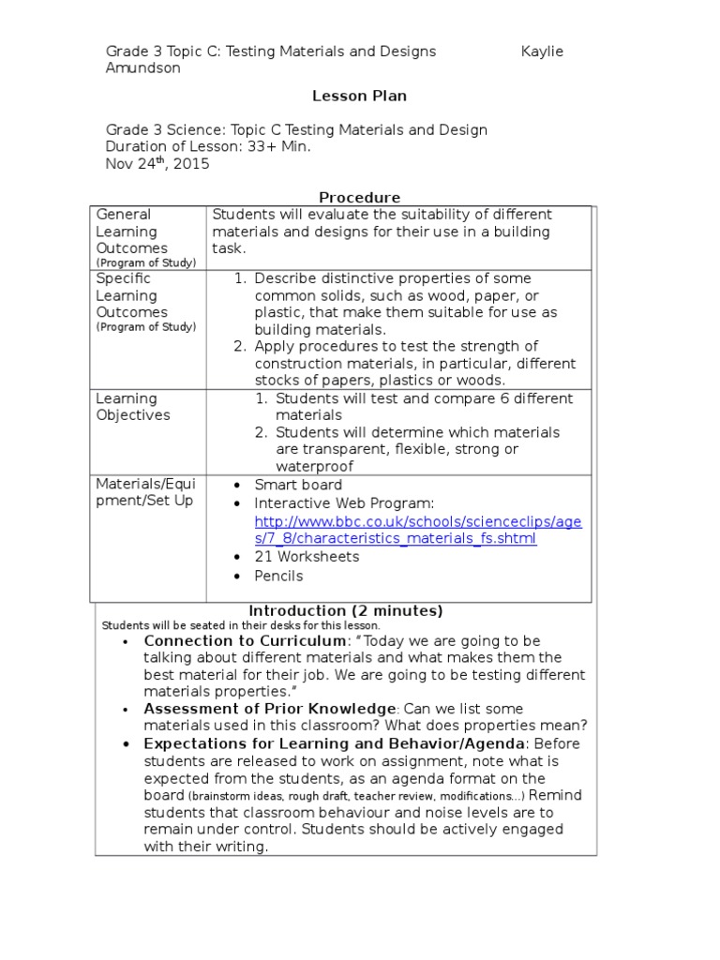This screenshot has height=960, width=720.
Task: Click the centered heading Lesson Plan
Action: (359, 96)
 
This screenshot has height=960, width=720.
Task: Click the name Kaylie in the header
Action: (542, 52)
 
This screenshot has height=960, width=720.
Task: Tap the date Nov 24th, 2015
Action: (157, 164)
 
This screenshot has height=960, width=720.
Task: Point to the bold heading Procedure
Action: (359, 198)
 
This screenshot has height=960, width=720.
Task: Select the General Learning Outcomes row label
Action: (132, 232)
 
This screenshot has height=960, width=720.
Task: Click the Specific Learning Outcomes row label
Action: (132, 295)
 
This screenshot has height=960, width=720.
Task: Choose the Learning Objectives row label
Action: (132, 407)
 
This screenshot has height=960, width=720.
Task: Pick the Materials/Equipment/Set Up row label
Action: (144, 492)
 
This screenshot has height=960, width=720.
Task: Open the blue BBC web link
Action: (418, 531)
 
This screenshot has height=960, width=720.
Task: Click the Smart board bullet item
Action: (298, 485)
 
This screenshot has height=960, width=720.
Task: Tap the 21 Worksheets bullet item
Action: (307, 557)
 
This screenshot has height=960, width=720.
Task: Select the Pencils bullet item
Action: (278, 576)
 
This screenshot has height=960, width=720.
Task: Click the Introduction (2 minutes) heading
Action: (345, 611)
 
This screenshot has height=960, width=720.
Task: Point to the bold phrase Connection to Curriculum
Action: (245, 641)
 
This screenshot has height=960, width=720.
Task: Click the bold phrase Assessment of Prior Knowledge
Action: (269, 710)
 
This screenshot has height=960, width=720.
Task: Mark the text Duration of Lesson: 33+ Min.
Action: (207, 147)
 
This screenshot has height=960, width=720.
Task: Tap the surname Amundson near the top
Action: (142, 68)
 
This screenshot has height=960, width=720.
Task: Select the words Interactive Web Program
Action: (344, 503)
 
